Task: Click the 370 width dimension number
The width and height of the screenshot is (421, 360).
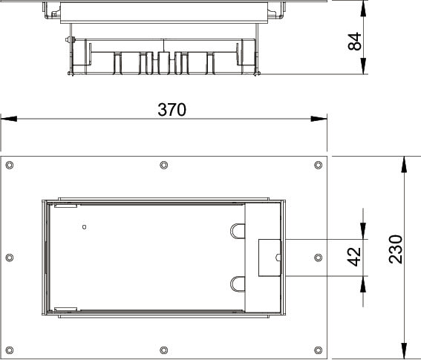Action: pyautogui.click(x=172, y=110)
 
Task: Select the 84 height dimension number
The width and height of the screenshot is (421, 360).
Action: pyautogui.click(x=355, y=41)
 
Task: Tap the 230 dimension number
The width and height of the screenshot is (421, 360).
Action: pyautogui.click(x=396, y=249)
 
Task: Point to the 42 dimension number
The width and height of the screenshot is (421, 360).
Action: pyautogui.click(x=354, y=257)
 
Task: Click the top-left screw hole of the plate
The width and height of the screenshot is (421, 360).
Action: pyautogui.click(x=10, y=165)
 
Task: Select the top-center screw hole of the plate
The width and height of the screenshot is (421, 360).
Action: pyautogui.click(x=164, y=165)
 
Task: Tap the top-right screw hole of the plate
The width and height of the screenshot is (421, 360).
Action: pyautogui.click(x=319, y=165)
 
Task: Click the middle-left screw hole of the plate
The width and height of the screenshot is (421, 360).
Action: pyautogui.click(x=10, y=258)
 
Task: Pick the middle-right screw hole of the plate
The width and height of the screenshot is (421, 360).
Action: pyautogui.click(x=319, y=258)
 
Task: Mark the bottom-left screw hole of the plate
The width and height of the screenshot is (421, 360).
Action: pyautogui.click(x=10, y=350)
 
